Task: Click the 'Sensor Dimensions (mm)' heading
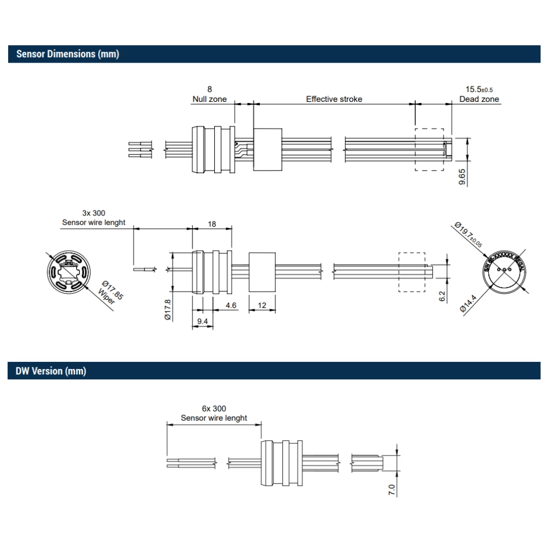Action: pyautogui.click(x=68, y=54)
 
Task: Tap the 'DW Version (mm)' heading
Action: pyautogui.click(x=51, y=371)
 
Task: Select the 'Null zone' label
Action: pyautogui.click(x=209, y=99)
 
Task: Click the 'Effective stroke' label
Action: pyautogui.click(x=334, y=99)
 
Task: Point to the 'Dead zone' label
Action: pyautogui.click(x=479, y=99)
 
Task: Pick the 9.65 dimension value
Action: pyautogui.click(x=462, y=178)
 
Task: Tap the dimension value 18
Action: pyautogui.click(x=212, y=223)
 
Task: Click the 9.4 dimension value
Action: pyautogui.click(x=202, y=321)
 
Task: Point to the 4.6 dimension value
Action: pyautogui.click(x=231, y=305)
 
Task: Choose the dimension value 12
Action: pyautogui.click(x=262, y=305)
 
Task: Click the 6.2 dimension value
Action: pyautogui.click(x=442, y=296)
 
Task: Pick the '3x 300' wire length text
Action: pyautogui.click(x=93, y=213)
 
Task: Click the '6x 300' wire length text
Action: pyautogui.click(x=214, y=408)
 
